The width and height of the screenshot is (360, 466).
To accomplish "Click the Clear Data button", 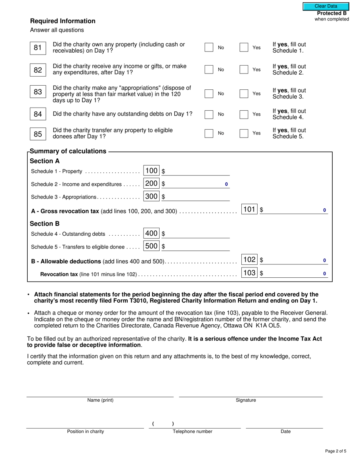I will click(326, 6).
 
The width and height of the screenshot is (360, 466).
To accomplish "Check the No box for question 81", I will click(209, 47).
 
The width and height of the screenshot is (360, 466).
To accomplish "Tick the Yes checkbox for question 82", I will click(244, 69).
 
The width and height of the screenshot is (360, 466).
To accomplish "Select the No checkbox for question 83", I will click(209, 94).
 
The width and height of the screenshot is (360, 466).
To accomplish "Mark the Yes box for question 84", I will click(244, 114).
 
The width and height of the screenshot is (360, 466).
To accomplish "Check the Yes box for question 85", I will click(244, 133).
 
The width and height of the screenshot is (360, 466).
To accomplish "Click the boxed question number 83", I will click(38, 92).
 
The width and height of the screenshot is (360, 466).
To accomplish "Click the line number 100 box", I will click(152, 171).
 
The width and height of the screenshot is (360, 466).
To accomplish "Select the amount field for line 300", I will click(197, 197).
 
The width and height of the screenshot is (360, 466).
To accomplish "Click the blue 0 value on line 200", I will click(227, 184).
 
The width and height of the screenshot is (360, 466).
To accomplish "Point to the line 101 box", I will click(249, 209).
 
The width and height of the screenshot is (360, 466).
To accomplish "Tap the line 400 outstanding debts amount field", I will click(197, 234).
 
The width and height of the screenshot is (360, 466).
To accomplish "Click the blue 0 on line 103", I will click(324, 273).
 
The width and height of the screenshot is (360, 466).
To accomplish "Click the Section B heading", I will click(45, 224).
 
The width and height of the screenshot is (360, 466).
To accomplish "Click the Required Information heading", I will click(63, 21).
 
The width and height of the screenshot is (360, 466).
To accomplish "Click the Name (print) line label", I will click(100, 400).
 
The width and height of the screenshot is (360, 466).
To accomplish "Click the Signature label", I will click(246, 400).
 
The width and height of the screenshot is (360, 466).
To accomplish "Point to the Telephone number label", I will click(193, 432).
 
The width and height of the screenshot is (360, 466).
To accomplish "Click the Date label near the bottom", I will click(285, 432).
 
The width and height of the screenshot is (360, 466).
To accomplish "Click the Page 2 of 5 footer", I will click(335, 451).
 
